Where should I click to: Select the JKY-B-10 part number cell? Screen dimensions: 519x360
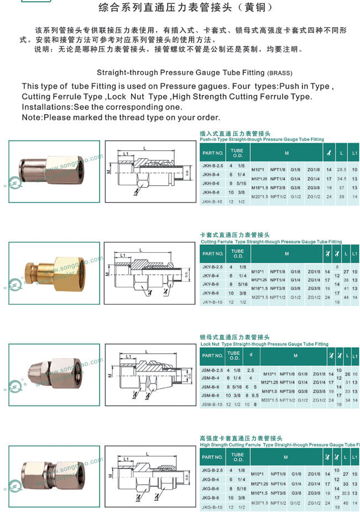pyautogui.click(x=212, y=302)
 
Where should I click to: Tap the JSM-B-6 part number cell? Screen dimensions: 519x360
pyautogui.click(x=211, y=387)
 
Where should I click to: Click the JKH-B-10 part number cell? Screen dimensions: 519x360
pyautogui.click(x=212, y=202)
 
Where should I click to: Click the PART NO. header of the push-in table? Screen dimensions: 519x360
pyautogui.click(x=212, y=153)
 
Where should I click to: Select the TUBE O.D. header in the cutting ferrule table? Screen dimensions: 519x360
pyautogui.click(x=237, y=254)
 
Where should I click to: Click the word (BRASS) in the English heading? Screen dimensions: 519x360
pyautogui.click(x=279, y=73)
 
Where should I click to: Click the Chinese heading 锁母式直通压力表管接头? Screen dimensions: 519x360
pyautogui.click(x=234, y=337)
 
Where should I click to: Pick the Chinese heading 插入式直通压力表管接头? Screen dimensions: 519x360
pyautogui.click(x=234, y=134)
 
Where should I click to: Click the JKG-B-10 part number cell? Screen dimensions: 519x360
pyautogui.click(x=212, y=507)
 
